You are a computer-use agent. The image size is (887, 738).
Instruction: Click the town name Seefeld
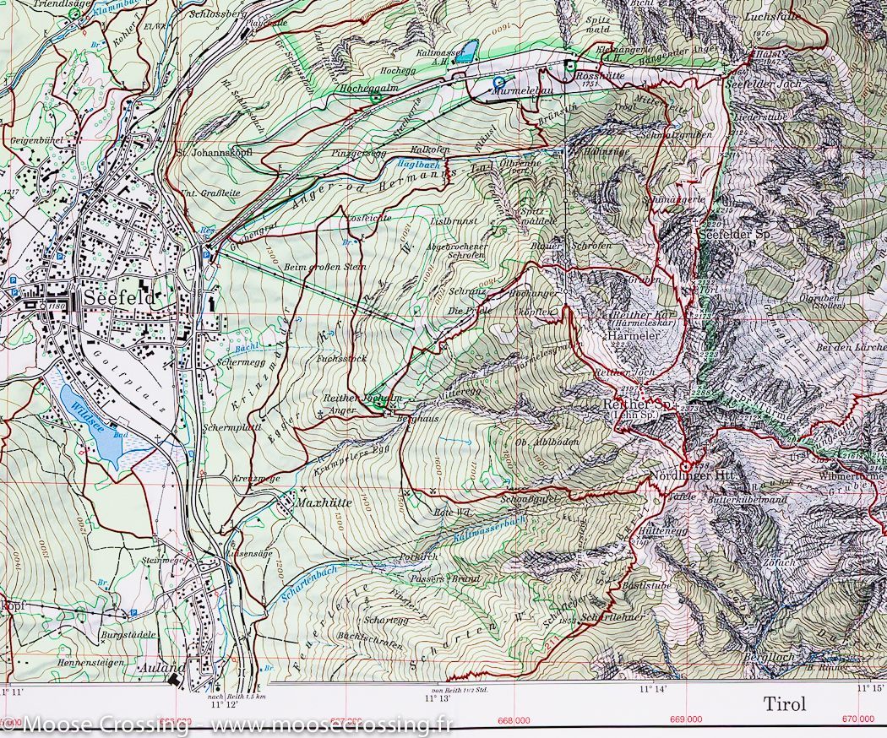[120, 299]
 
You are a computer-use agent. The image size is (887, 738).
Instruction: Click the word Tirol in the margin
[785, 703]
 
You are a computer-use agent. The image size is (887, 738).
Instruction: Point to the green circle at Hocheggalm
[375, 99]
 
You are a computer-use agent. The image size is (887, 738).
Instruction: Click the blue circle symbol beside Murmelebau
[498, 84]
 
